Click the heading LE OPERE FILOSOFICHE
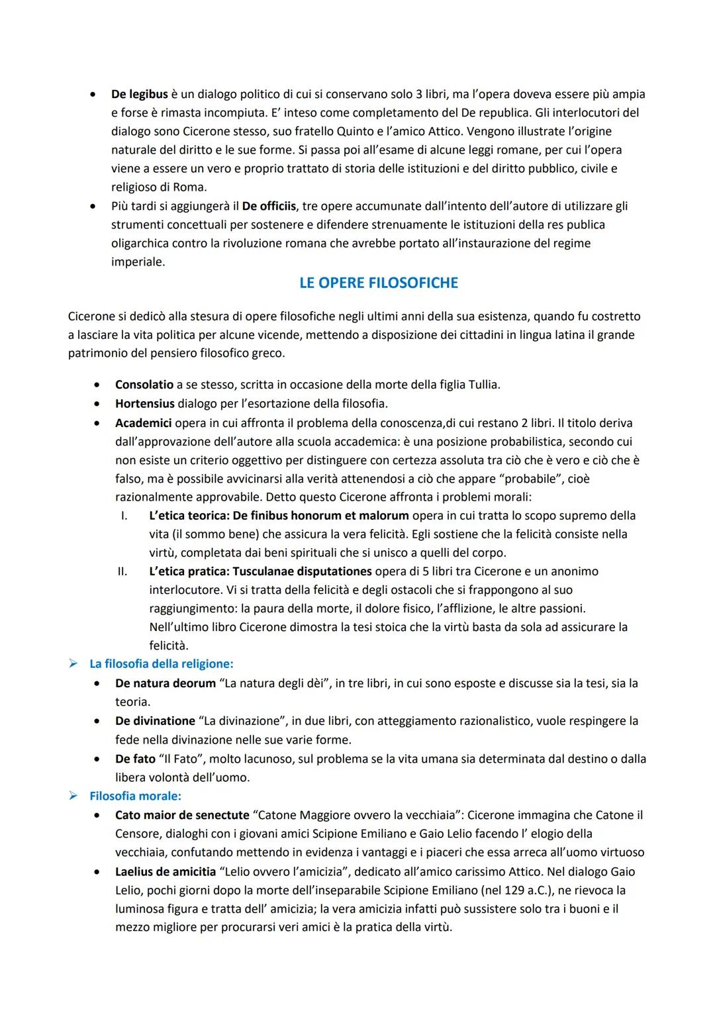378,283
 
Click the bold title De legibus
139,95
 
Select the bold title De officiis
269,207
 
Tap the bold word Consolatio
144,385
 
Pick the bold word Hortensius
144,404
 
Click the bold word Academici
143,423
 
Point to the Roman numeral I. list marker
123,516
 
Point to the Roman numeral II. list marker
122,571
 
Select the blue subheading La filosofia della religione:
162,663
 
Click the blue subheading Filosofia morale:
135,796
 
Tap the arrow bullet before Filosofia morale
74,796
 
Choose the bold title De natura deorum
165,683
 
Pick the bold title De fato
135,759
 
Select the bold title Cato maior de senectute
182,816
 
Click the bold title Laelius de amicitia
166,872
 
